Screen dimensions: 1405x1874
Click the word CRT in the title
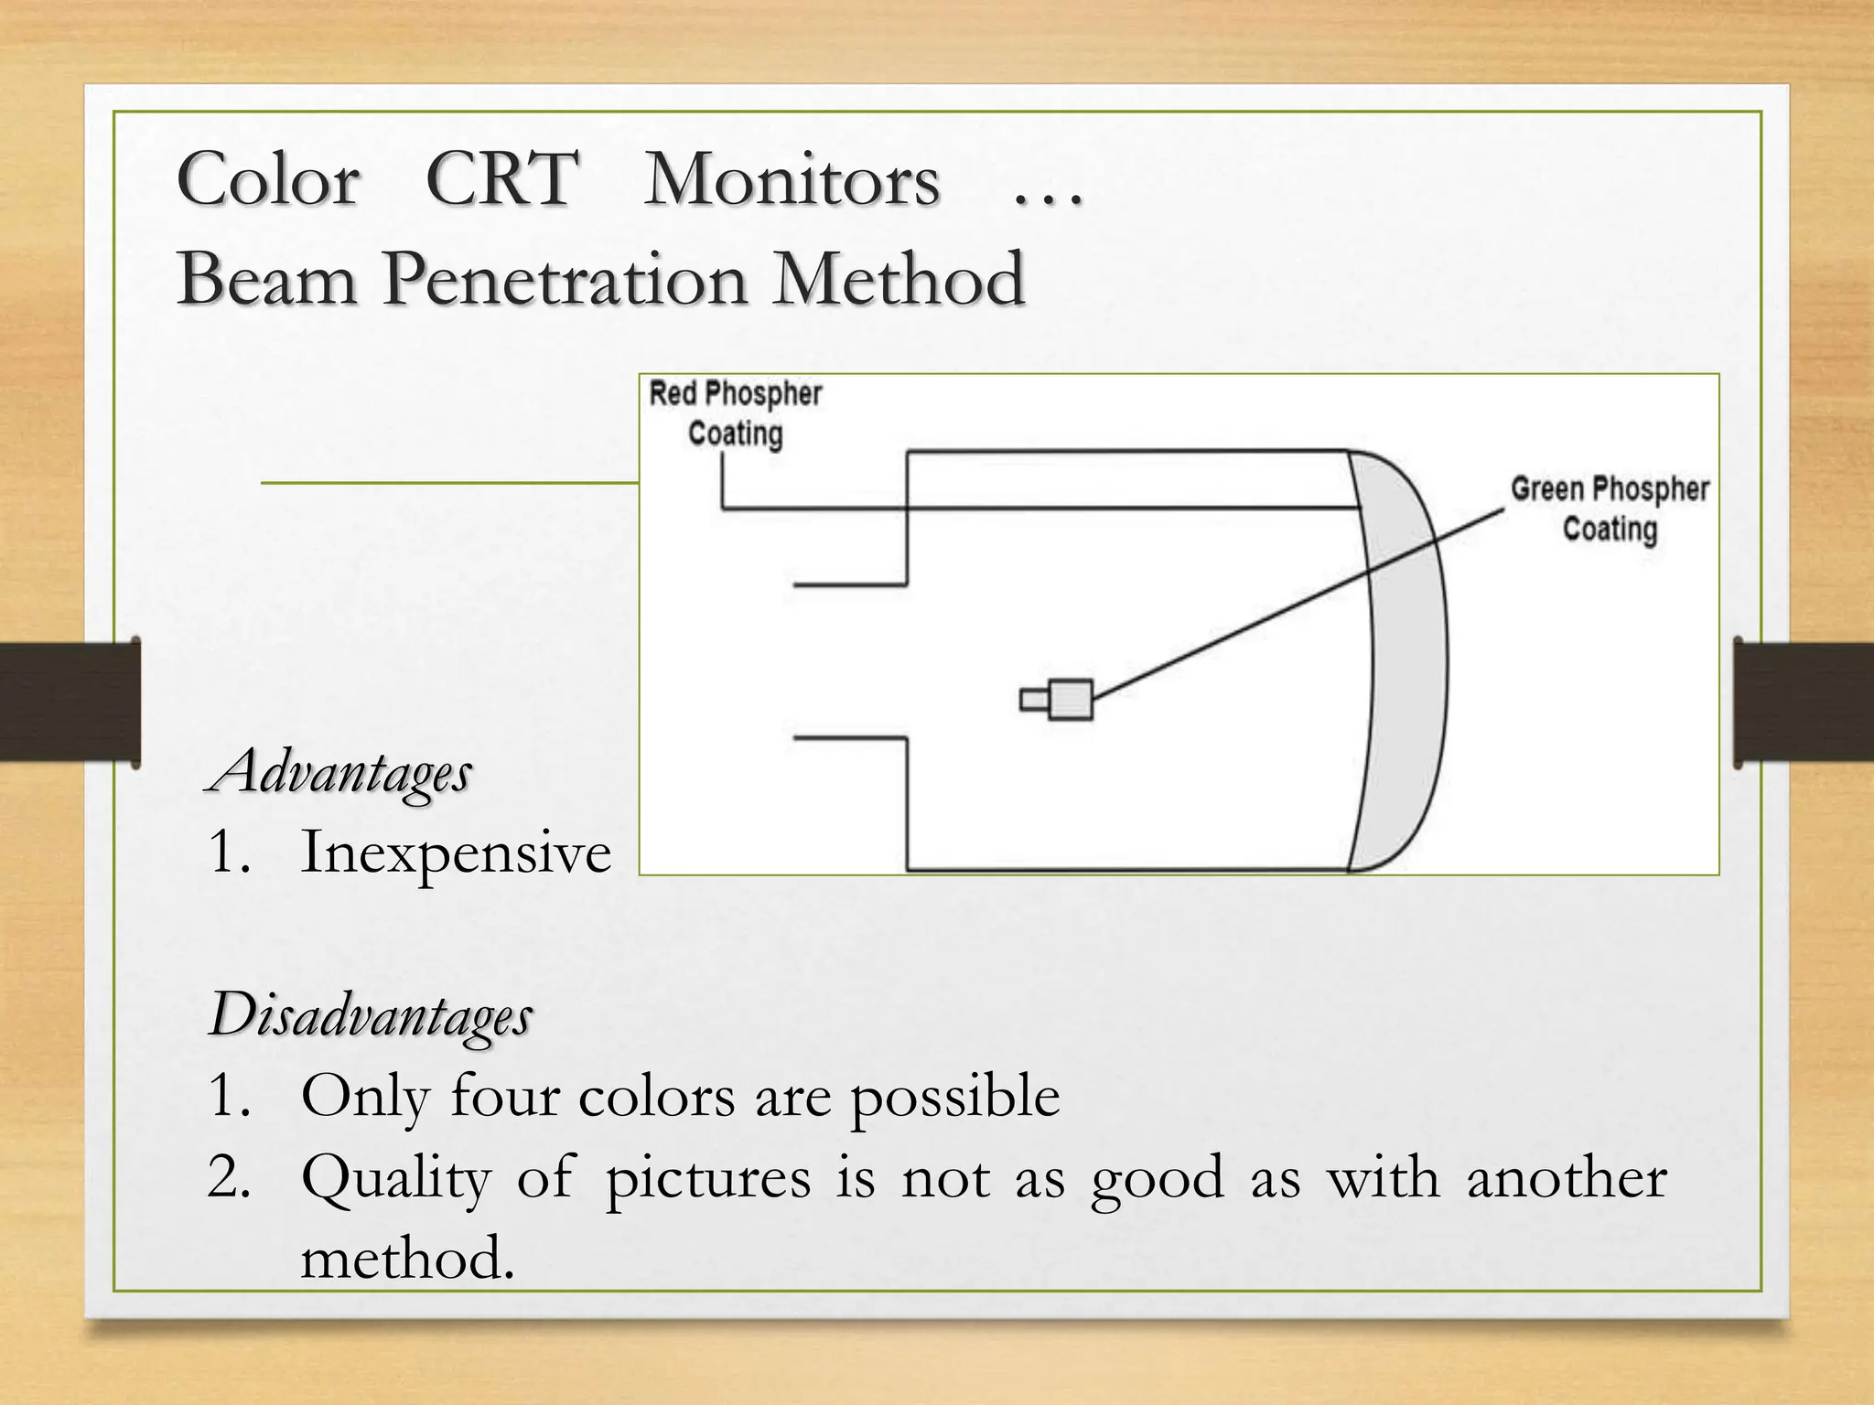[501, 179]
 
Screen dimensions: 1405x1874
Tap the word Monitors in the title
[792, 179]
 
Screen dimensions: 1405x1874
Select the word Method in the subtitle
[898, 279]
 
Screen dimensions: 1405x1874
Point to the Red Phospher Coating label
[736, 413]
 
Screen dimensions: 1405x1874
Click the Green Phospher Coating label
[1610, 509]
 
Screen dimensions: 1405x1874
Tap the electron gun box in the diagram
[1069, 700]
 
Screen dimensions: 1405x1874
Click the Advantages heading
[339, 773]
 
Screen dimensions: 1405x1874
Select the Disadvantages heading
[371, 1015]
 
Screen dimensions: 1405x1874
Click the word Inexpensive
[456, 853]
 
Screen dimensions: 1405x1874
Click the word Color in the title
[268, 179]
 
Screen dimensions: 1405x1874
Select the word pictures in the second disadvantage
[707, 1178]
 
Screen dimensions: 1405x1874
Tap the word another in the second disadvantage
[1567, 1178]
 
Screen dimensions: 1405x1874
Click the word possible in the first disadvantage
[955, 1097]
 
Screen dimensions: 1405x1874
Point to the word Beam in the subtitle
[267, 279]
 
